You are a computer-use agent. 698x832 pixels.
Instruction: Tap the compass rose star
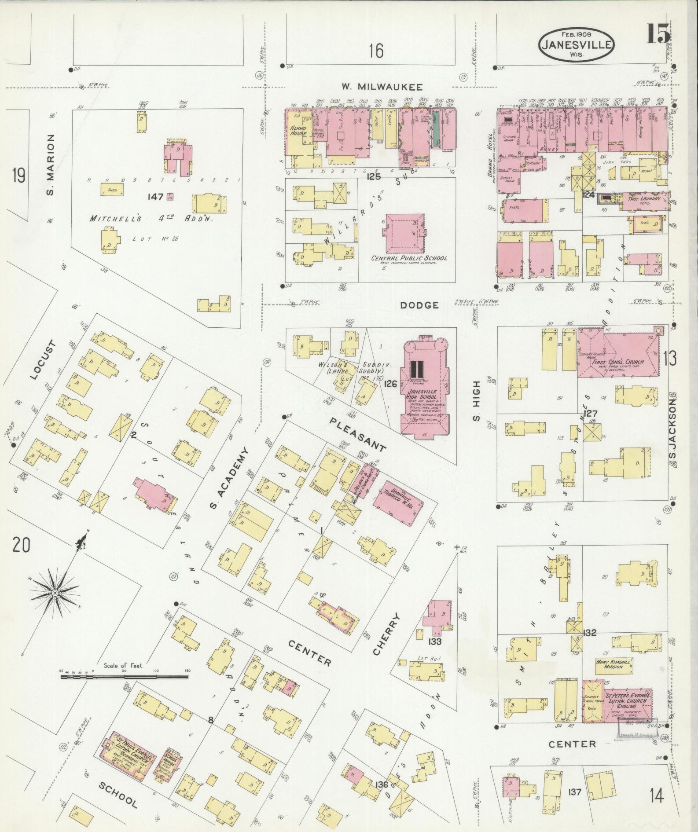click(x=55, y=593)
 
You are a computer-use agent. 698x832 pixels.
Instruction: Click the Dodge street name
click(x=420, y=305)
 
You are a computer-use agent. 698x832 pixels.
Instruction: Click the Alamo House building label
click(x=298, y=130)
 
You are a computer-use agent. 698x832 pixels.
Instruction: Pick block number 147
click(x=156, y=197)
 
